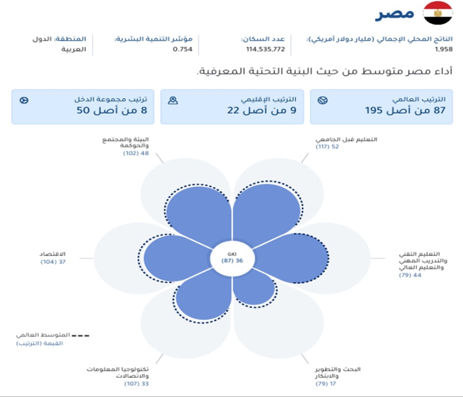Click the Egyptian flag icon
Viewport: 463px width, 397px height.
point(438,13)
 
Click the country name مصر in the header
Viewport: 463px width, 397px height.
point(394,14)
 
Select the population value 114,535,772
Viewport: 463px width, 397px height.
point(265,49)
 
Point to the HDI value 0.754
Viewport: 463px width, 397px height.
point(183,49)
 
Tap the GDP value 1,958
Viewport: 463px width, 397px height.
point(444,49)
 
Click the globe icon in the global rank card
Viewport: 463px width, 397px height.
point(322,100)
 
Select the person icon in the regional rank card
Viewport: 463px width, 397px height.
point(173,100)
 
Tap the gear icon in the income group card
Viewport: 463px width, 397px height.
point(24,100)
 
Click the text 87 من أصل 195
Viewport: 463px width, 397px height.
point(405,111)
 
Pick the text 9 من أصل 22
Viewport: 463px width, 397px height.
point(262,111)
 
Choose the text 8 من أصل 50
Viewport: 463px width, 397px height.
point(112,111)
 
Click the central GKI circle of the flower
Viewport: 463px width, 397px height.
point(232,258)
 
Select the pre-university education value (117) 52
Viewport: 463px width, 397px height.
point(327,147)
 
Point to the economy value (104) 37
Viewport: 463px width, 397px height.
point(53,262)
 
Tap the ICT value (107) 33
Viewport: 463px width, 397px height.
point(136,384)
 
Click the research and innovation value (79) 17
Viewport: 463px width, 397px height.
point(326,384)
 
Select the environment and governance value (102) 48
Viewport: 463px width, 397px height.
point(136,153)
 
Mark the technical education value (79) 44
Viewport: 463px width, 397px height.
point(410,275)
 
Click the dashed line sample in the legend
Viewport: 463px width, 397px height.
point(80,336)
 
